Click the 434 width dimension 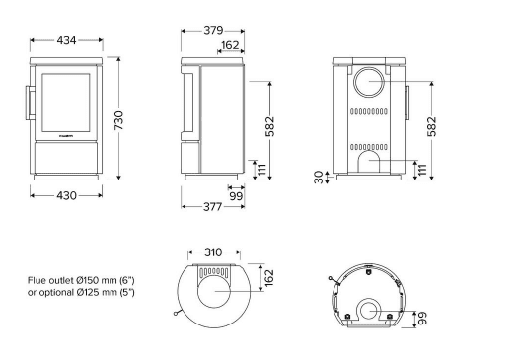click(x=66, y=40)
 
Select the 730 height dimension click(x=118, y=120)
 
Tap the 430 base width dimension click(x=66, y=196)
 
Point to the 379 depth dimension click(x=213, y=31)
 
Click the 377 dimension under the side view click(x=212, y=207)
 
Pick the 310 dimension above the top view click(x=213, y=252)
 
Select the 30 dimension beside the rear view click(x=319, y=177)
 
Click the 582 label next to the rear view click(x=431, y=126)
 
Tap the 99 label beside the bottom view click(x=422, y=318)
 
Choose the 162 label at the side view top click(x=230, y=45)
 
